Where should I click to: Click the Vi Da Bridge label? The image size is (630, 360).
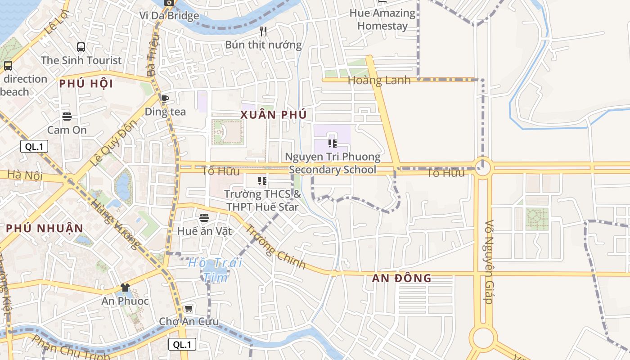point(169,16)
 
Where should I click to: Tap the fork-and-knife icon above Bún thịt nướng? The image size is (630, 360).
point(264,31)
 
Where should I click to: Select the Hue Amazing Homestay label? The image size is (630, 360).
point(382,19)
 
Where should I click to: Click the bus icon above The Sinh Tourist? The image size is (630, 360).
point(81,47)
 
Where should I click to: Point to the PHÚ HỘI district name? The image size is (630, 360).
point(86,84)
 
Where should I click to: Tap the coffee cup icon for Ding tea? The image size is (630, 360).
point(165,99)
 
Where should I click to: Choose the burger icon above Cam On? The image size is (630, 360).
point(67,117)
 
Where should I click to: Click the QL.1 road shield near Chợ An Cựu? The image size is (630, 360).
point(182,345)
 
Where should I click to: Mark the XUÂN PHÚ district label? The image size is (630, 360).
point(273,115)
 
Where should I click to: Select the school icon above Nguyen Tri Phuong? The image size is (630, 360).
point(333,144)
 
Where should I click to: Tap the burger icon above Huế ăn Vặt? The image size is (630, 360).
point(204,218)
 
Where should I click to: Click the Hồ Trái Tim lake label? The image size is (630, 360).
point(215,270)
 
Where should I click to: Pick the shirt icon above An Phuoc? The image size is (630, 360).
point(125,288)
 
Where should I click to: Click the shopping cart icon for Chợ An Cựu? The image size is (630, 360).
point(189,309)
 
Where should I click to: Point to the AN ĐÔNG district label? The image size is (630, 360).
point(401,278)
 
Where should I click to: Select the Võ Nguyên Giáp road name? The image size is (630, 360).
point(490,262)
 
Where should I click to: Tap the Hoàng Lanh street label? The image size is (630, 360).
point(379,81)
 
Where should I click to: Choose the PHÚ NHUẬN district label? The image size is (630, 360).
point(45,228)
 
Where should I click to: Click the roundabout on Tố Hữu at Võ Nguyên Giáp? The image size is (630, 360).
point(483,168)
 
